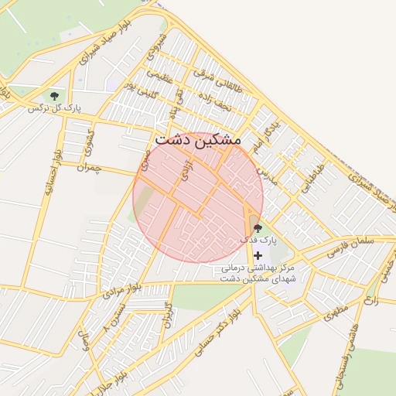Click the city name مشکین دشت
pyautogui.click(x=198, y=141)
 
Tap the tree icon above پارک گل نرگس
pyautogui.click(x=54, y=96)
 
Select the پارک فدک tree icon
pyautogui.click(x=258, y=228)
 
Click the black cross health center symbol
pyautogui.click(x=258, y=255)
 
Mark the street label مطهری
pyautogui.click(x=336, y=313)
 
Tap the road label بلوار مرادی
pyautogui.click(x=121, y=293)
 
